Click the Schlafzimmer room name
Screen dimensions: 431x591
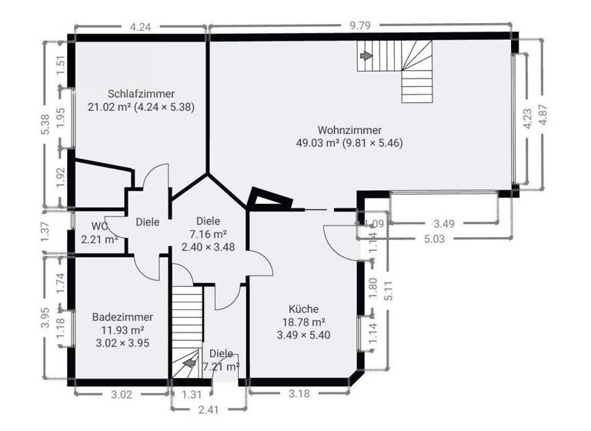(x=141, y=93)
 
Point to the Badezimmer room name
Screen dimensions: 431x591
(x=122, y=317)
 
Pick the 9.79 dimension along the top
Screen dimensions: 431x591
(x=360, y=25)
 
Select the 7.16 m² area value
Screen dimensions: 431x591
(x=209, y=234)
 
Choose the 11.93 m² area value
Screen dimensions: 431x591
(x=112, y=330)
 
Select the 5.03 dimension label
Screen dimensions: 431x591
(x=440, y=239)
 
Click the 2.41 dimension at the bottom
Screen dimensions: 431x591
(x=207, y=409)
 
